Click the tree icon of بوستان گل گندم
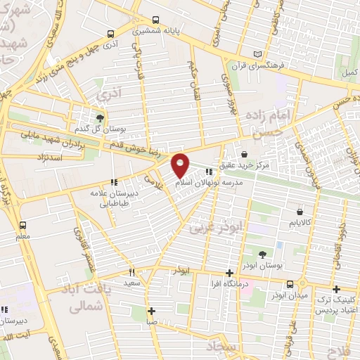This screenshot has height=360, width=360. tap(99, 117)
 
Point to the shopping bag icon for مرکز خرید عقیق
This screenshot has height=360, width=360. tap(243, 154)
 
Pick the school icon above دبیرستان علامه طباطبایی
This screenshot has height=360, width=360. tap(114, 181)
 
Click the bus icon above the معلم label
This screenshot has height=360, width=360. tap(23, 226)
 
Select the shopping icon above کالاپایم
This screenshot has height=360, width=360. tap(301, 211)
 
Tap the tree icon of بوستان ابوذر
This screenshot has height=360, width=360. tap(262, 255)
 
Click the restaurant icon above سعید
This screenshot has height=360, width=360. tap(131, 271)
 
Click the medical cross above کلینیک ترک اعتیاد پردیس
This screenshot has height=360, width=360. tap(335, 289)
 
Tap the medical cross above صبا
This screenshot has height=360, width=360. tap(151, 311)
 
